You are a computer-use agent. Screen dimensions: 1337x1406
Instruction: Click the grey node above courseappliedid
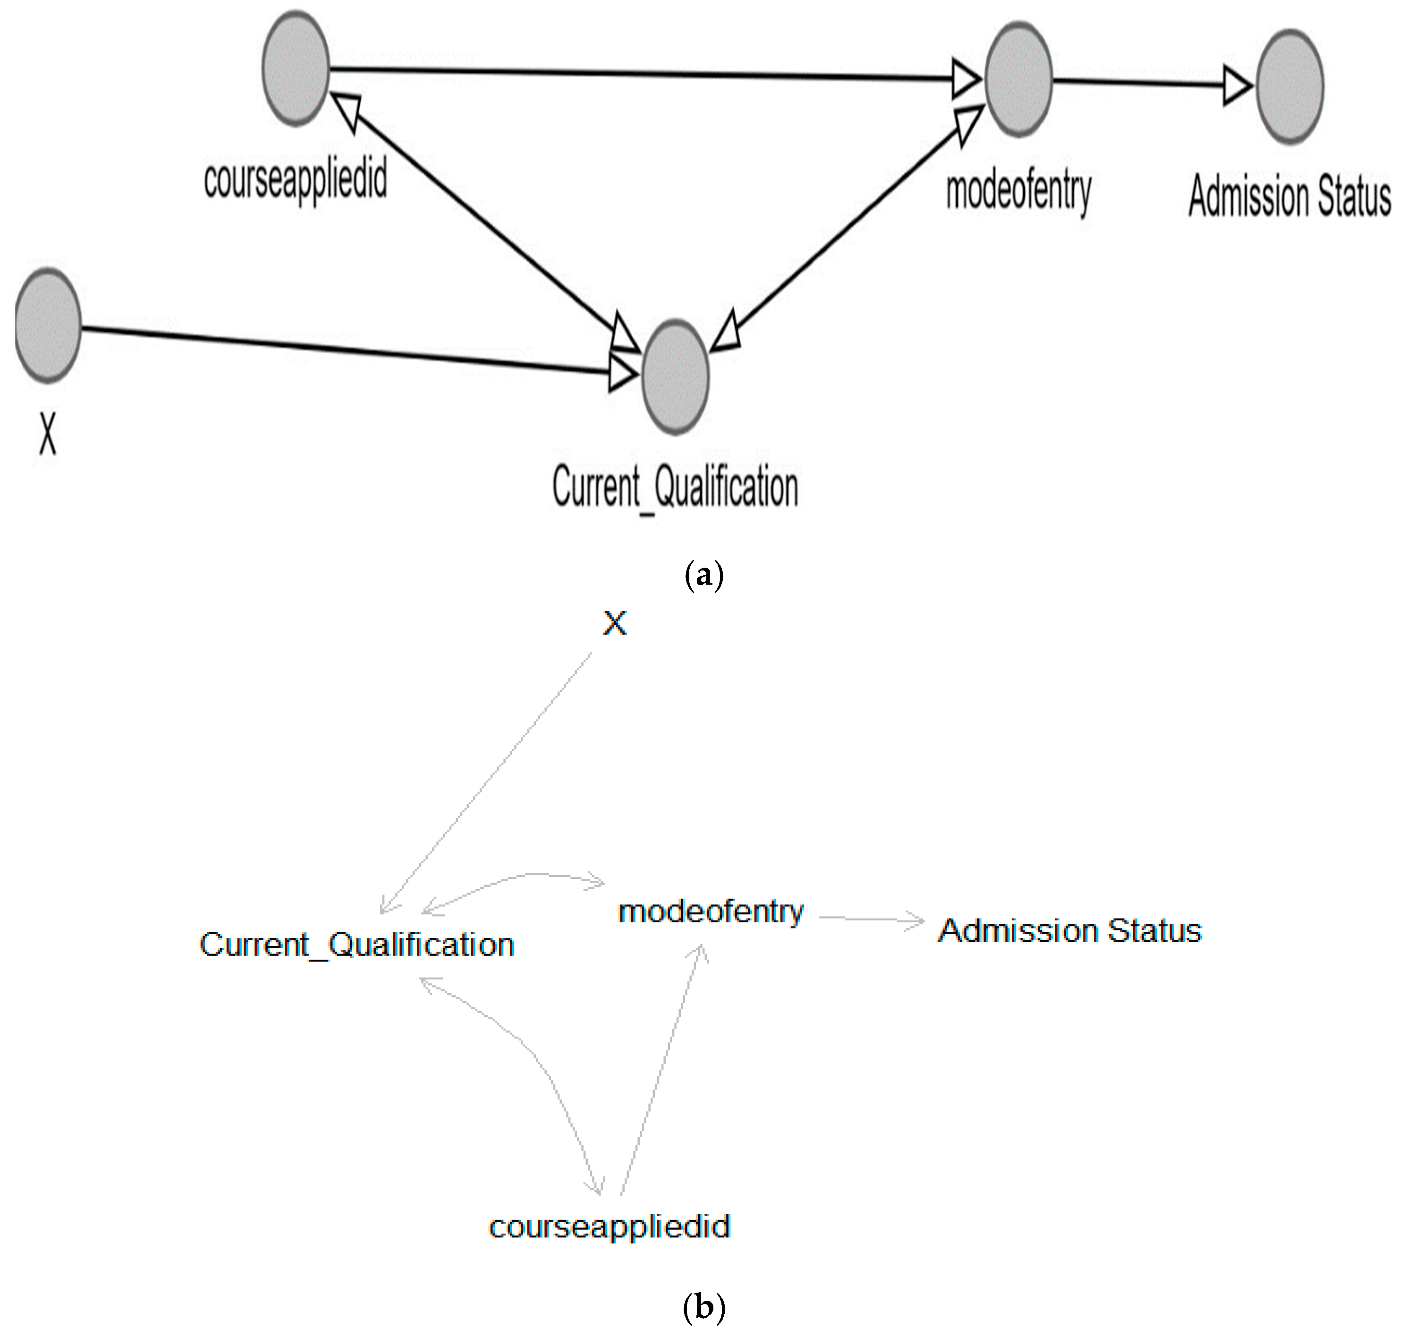[x=296, y=68]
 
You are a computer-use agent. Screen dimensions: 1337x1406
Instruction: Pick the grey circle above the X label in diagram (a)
[x=48, y=326]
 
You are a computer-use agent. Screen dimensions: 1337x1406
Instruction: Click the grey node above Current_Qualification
[x=675, y=376]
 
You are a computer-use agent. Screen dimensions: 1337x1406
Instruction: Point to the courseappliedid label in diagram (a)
[x=295, y=179]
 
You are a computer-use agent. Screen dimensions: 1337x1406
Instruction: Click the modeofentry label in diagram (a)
[x=1018, y=191]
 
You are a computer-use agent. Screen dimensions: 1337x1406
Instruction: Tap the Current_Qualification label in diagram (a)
[x=675, y=487]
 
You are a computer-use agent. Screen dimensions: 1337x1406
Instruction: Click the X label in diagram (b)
[x=614, y=623]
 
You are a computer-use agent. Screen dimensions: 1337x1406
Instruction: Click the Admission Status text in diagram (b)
[x=1070, y=931]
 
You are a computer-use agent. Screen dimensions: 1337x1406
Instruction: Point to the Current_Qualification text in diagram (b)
[x=357, y=945]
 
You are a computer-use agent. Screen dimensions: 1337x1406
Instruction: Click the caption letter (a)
[x=703, y=574]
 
